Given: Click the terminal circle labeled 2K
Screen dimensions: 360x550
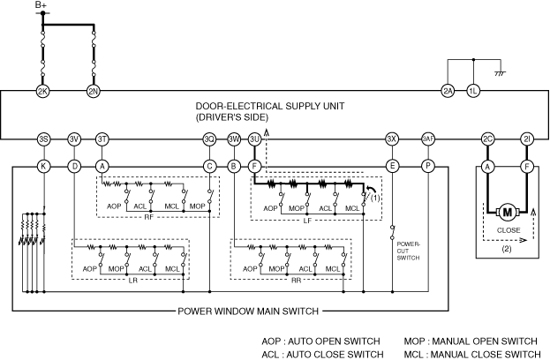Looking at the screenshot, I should coord(42,91).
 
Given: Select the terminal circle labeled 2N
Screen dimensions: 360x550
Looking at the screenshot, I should coord(94,91).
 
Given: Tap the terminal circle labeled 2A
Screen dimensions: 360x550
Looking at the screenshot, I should coord(448,91).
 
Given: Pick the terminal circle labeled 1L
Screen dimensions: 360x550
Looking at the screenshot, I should coord(474,91).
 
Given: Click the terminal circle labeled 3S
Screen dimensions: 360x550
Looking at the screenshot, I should coord(43,139).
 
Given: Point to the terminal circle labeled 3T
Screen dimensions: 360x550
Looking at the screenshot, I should coord(102,139).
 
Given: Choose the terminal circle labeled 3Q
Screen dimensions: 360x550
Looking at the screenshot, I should coord(209,139).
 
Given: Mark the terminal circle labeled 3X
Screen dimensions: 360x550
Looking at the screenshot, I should coord(391,139).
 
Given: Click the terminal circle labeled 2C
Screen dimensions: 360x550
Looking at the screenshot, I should coord(486,139).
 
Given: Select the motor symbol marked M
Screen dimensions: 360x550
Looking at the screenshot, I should coord(507,212).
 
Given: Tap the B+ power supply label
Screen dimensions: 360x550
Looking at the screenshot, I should coord(41,7).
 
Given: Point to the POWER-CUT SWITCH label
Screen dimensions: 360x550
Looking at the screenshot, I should coord(408,252).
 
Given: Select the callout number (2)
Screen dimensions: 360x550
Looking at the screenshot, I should coord(507,249).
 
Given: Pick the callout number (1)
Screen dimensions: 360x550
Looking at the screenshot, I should coord(376,198).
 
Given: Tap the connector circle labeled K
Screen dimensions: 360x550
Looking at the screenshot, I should coord(43,165).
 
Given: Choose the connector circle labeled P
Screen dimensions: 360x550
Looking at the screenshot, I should coord(429,165).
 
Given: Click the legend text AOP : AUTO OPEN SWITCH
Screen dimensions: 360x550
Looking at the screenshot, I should coord(320,341).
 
